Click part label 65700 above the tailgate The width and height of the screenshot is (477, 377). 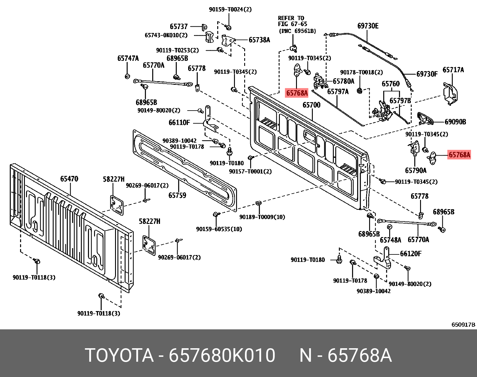coord(311,105)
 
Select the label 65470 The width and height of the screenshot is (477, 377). coord(69,179)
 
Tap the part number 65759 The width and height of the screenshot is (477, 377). coord(177,195)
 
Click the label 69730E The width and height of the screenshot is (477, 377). coord(368,26)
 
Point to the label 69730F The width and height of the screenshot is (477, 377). coord(427,74)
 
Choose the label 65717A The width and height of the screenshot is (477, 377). coord(453,70)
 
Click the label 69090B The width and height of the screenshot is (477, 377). coord(455,122)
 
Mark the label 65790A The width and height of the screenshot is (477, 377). coord(415,171)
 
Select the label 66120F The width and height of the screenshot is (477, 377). coord(410,254)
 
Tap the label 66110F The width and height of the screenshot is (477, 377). coord(179,123)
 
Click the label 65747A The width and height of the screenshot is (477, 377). coord(128,58)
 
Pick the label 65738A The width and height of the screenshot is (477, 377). coord(259,40)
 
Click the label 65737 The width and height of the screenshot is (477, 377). coord(179,26)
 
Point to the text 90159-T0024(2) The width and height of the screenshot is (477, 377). coord(230,9)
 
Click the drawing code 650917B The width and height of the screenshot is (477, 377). coord(463,325)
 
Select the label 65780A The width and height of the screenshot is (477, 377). coord(343,81)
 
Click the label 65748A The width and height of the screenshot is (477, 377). coord(390,240)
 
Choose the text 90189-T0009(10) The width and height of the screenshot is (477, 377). coord(262,217)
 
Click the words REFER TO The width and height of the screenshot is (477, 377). coord(291,18)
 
